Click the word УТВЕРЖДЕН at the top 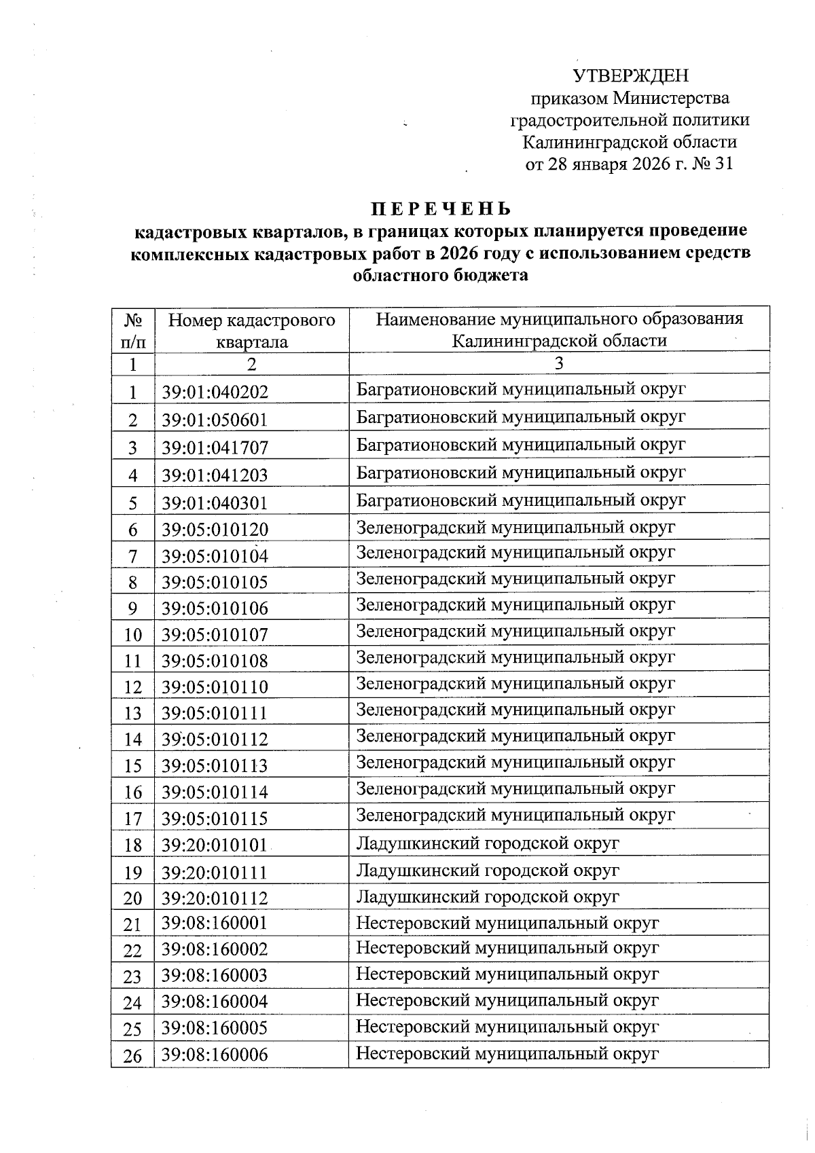click(x=630, y=75)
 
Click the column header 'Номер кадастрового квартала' click(x=251, y=330)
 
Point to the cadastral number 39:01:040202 click(x=215, y=392)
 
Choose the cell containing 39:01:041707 click(x=215, y=447)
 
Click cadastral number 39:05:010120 click(x=215, y=530)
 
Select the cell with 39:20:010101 click(x=215, y=845)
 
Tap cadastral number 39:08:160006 click(x=215, y=1055)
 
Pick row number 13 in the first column click(x=133, y=713)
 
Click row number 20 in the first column click(x=133, y=898)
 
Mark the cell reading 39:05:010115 click(x=215, y=819)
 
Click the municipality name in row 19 click(x=488, y=870)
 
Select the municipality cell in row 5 click(x=521, y=500)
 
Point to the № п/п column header click(x=133, y=330)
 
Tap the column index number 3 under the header click(x=558, y=363)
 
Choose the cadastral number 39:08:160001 click(x=215, y=923)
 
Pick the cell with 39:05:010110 click(x=215, y=687)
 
